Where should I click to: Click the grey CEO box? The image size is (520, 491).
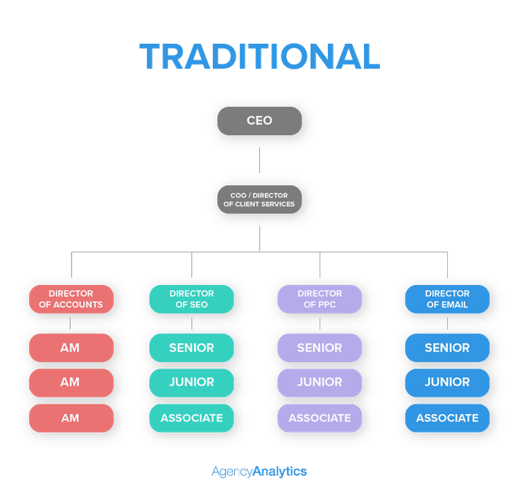(x=259, y=121)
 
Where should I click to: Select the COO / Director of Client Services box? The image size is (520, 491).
(x=259, y=200)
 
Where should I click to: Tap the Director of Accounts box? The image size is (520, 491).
(x=71, y=299)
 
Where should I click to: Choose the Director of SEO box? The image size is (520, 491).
(x=191, y=299)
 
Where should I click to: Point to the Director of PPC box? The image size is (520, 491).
(x=320, y=299)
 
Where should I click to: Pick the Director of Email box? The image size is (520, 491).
(x=447, y=299)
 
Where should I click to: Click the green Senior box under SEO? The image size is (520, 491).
(x=191, y=347)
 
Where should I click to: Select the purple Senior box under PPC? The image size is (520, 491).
(x=320, y=347)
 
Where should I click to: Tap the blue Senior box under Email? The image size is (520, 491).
(x=447, y=347)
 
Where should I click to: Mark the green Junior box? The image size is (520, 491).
(x=191, y=382)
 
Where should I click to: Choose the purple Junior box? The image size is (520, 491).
(x=320, y=382)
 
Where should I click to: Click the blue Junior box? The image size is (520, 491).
(x=447, y=382)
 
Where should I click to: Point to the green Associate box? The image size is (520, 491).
(x=191, y=418)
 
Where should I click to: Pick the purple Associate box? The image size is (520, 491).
(x=320, y=418)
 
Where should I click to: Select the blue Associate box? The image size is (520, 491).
(x=447, y=418)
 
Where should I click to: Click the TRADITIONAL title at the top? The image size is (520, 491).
(x=259, y=56)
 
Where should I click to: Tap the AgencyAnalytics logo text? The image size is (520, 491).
(x=259, y=472)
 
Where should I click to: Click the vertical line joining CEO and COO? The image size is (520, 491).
(x=259, y=160)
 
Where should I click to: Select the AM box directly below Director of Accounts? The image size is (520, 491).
(x=71, y=347)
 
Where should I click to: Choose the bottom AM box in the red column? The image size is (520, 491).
(x=71, y=418)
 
